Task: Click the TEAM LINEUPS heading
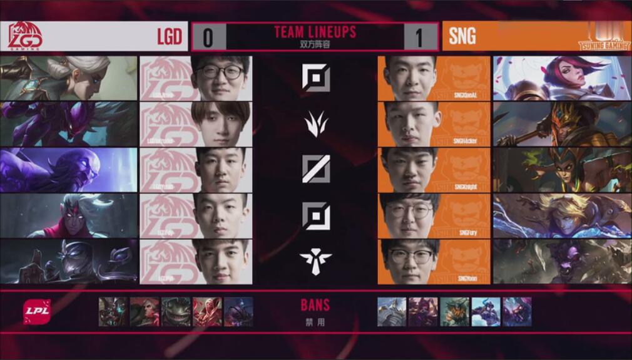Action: (x=315, y=32)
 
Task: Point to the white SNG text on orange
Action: (x=462, y=36)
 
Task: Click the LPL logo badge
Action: (x=37, y=312)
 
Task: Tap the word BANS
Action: (x=315, y=306)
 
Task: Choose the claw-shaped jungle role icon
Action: (x=315, y=123)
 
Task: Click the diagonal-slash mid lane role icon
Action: (x=315, y=169)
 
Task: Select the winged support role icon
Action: (x=315, y=259)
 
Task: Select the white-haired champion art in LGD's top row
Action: (x=68, y=78)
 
